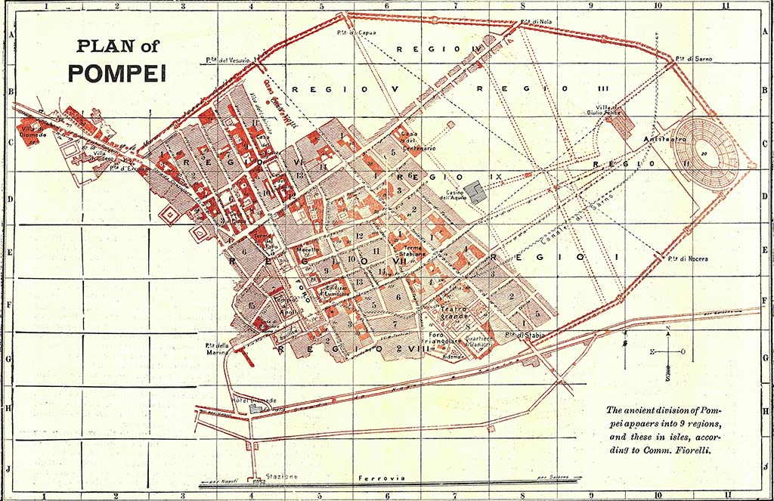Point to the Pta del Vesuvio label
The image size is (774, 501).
227,60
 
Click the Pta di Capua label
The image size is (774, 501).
357,32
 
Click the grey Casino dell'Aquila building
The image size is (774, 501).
475,191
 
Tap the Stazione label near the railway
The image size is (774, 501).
282,477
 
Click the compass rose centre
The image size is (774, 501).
668,351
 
